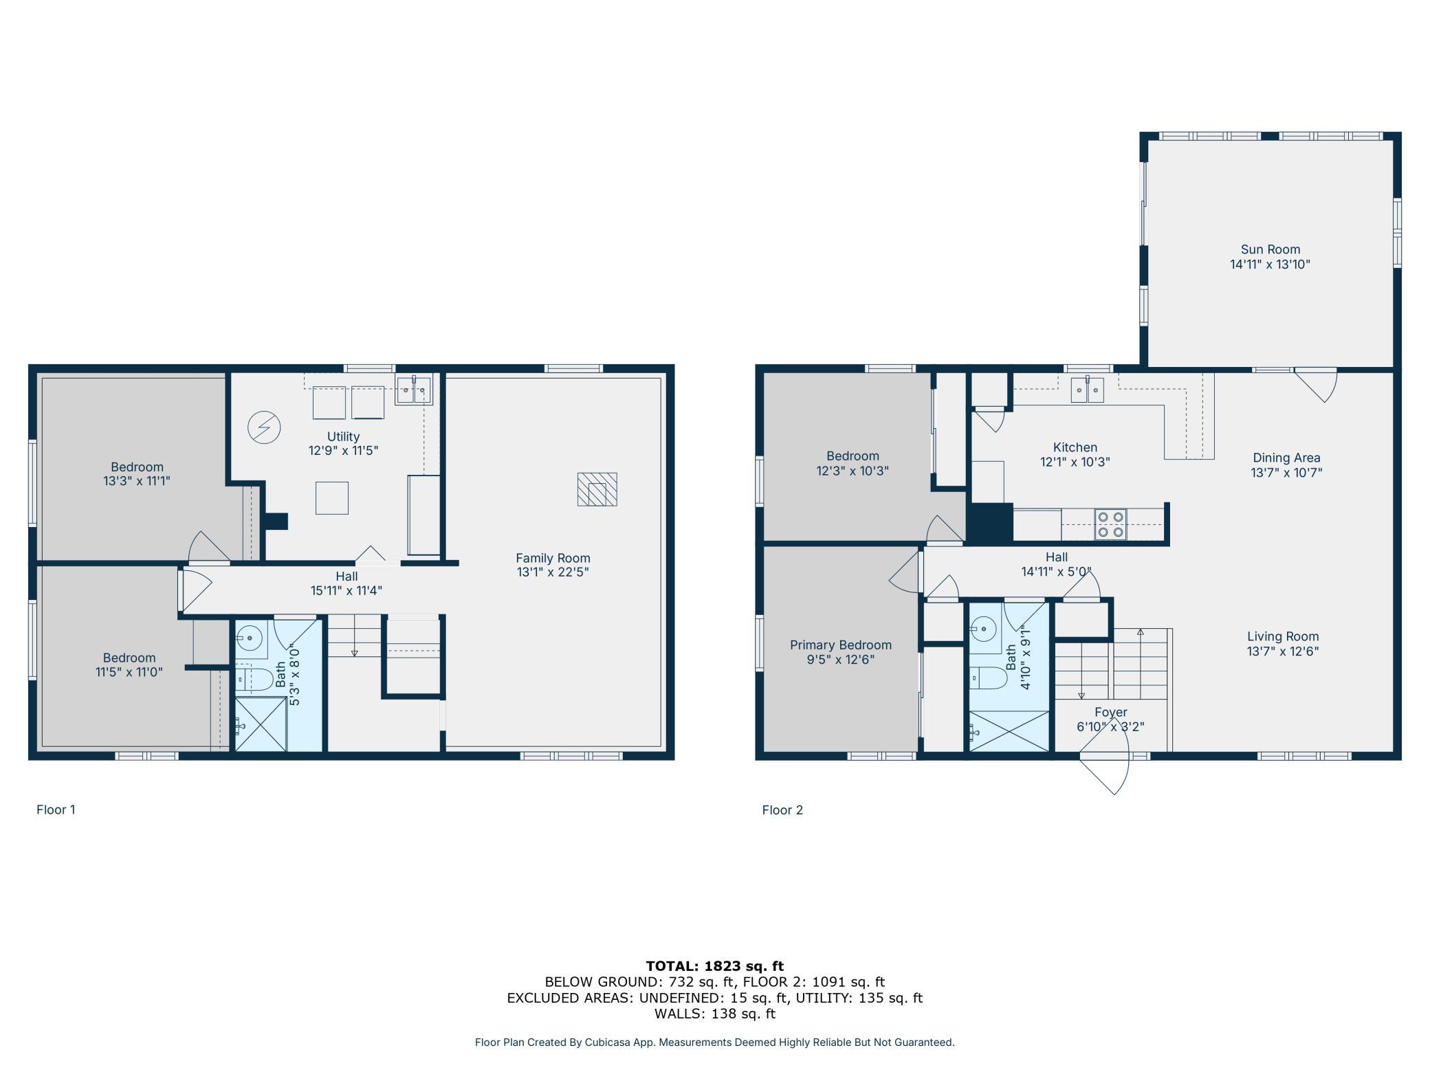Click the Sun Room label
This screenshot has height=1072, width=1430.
tap(1270, 249)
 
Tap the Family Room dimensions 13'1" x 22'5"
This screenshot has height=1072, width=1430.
tap(553, 572)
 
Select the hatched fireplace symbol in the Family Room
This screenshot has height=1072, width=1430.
tap(597, 489)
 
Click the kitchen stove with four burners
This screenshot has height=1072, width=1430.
tap(1110, 524)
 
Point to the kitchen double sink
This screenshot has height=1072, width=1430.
tap(1087, 390)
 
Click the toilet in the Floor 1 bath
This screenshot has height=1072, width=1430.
tap(254, 679)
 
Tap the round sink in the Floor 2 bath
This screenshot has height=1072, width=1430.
tap(984, 627)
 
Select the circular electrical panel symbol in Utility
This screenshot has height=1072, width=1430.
tap(265, 427)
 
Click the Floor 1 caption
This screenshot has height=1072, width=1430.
tap(56, 809)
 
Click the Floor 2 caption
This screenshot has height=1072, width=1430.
tap(782, 810)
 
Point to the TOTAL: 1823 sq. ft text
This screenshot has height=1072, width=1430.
tap(715, 966)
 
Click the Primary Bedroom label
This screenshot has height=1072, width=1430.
tap(841, 645)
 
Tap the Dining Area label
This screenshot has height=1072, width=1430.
tap(1286, 458)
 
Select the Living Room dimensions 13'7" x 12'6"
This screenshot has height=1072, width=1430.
tap(1283, 651)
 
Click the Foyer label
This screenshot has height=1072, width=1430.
tap(1111, 713)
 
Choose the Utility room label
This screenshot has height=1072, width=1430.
tap(343, 436)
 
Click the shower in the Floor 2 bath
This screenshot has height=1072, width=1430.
tap(1009, 731)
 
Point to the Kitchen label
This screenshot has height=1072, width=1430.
tap(1075, 447)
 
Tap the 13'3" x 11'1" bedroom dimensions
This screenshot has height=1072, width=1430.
tap(137, 481)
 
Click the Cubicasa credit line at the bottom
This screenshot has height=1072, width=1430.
tap(715, 1042)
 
